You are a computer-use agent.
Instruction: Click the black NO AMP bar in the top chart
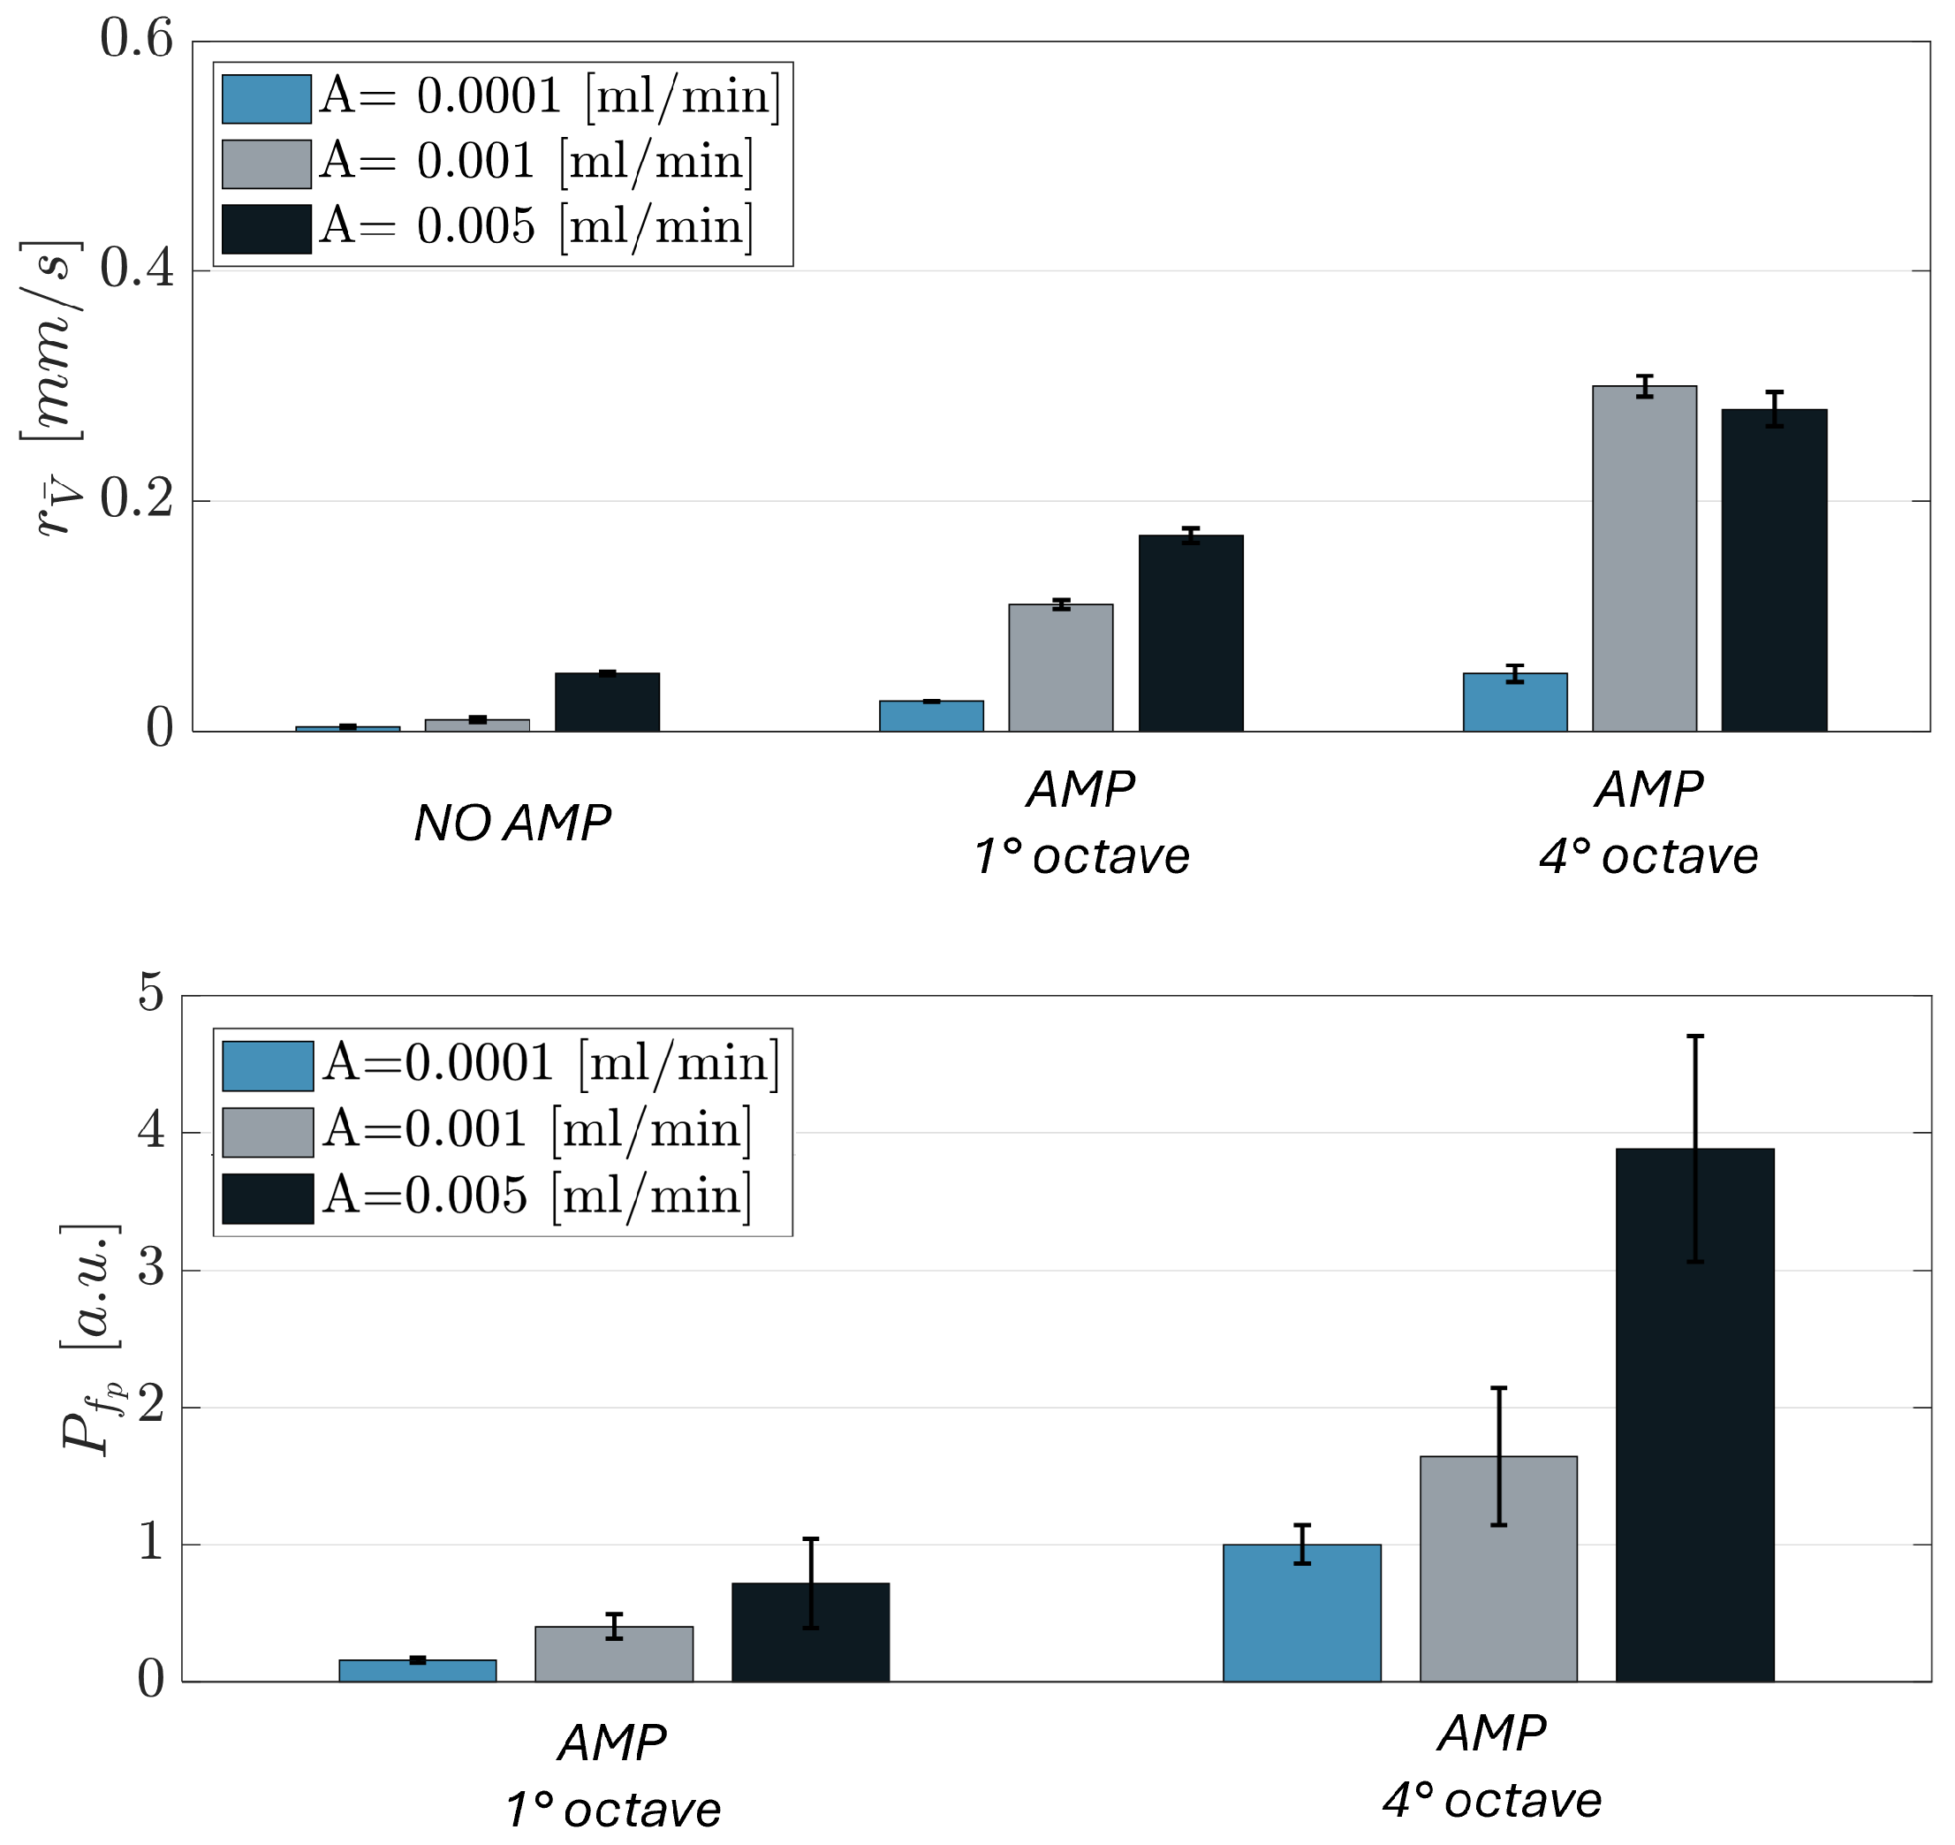coord(608,702)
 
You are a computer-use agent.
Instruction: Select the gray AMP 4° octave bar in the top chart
coord(1645,558)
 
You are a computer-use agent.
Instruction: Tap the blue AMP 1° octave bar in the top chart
coord(931,716)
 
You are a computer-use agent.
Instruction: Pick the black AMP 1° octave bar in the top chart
coord(1191,634)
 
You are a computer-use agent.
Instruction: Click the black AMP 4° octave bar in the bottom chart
coord(1695,1416)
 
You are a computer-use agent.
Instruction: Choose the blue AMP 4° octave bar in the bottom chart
coord(1302,1613)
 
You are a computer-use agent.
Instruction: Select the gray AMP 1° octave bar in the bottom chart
coord(615,1654)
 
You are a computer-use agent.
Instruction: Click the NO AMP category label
coord(512,824)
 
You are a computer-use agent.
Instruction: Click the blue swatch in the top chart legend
coord(267,99)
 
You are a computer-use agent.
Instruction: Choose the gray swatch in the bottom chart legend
coord(268,1132)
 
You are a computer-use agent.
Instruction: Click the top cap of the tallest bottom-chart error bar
coord(1695,1036)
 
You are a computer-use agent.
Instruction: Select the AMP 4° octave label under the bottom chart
coord(1492,1766)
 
